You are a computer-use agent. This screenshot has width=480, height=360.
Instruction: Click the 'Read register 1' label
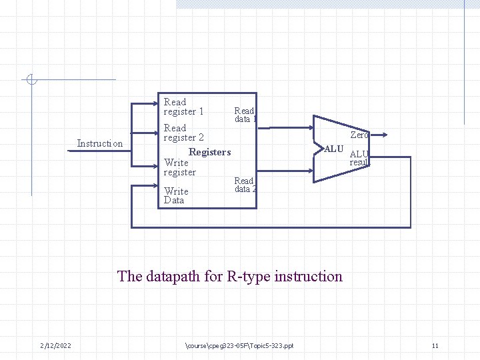point(183,107)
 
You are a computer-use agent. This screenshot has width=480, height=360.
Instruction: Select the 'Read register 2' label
point(183,133)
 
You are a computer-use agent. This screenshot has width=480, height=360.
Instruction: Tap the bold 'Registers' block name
point(209,152)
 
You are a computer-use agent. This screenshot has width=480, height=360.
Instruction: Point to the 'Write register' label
point(179,167)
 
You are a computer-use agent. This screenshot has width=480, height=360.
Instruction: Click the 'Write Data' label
point(176,195)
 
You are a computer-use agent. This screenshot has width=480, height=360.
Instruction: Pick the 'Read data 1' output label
point(245,115)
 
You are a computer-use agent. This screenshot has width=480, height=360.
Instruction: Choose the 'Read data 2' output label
point(245,185)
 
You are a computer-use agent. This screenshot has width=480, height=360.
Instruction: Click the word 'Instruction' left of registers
point(100,143)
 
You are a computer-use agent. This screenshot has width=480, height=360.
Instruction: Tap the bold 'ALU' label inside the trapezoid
point(334,149)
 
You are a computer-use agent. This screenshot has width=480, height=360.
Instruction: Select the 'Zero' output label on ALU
point(359,135)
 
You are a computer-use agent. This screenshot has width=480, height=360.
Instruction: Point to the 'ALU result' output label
point(359,158)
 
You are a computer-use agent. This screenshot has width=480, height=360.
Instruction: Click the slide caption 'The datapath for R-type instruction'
point(230,276)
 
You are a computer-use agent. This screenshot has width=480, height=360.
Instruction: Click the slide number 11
point(435,345)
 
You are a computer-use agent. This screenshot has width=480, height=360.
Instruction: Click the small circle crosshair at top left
point(31,80)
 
